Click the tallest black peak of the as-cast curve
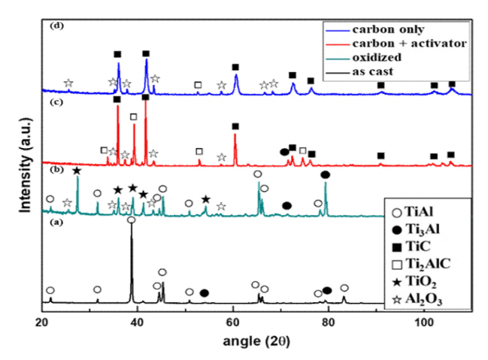pos(132,225)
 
